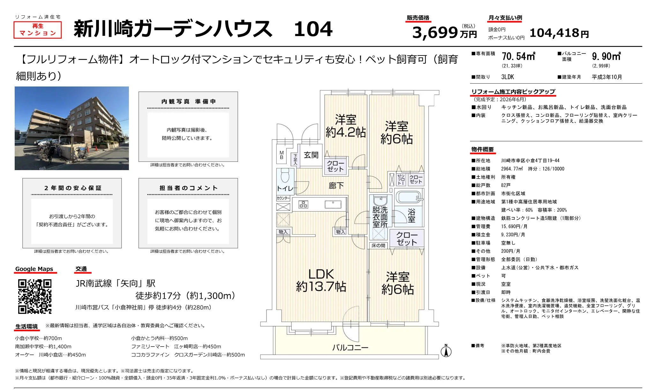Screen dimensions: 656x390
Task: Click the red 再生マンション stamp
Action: (38, 30)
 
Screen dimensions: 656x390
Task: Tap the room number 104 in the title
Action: (313, 29)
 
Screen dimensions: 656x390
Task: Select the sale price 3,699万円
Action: (444, 32)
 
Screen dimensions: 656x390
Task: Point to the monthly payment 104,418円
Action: (559, 33)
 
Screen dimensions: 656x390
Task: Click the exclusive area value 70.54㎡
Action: (518, 56)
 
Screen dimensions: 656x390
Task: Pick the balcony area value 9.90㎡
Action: (606, 56)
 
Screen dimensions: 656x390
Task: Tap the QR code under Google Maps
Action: (35, 296)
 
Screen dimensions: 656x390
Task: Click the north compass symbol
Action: (446, 350)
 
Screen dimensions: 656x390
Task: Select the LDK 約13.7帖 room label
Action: (321, 281)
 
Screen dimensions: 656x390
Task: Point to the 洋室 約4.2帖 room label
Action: (346, 126)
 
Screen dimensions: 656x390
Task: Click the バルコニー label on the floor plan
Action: (350, 348)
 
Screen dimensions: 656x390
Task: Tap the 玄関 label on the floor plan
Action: (311, 155)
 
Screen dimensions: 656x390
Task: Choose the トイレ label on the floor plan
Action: (285, 188)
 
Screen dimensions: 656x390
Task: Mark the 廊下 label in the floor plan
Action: (336, 186)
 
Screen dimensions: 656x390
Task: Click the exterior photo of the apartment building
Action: (72, 128)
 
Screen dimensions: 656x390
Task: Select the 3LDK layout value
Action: (508, 77)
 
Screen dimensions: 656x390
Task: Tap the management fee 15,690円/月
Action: (514, 226)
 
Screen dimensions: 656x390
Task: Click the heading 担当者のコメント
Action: (189, 188)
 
